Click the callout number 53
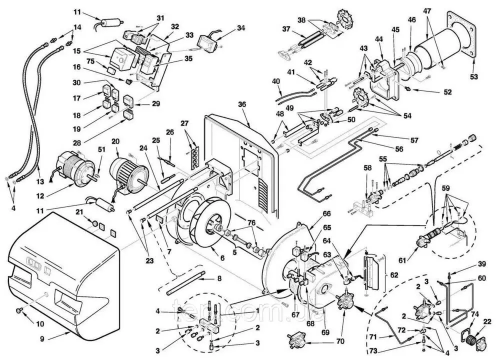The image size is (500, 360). coord(473,77)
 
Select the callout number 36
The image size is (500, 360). coord(242,104)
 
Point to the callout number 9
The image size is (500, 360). coord(42,338)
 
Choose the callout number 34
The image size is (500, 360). coord(241,28)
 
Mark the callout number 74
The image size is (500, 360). coord(475,314)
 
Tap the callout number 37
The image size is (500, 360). coord(286,29)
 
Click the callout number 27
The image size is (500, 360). coord(184,123)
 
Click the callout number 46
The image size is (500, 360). coord(411,20)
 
